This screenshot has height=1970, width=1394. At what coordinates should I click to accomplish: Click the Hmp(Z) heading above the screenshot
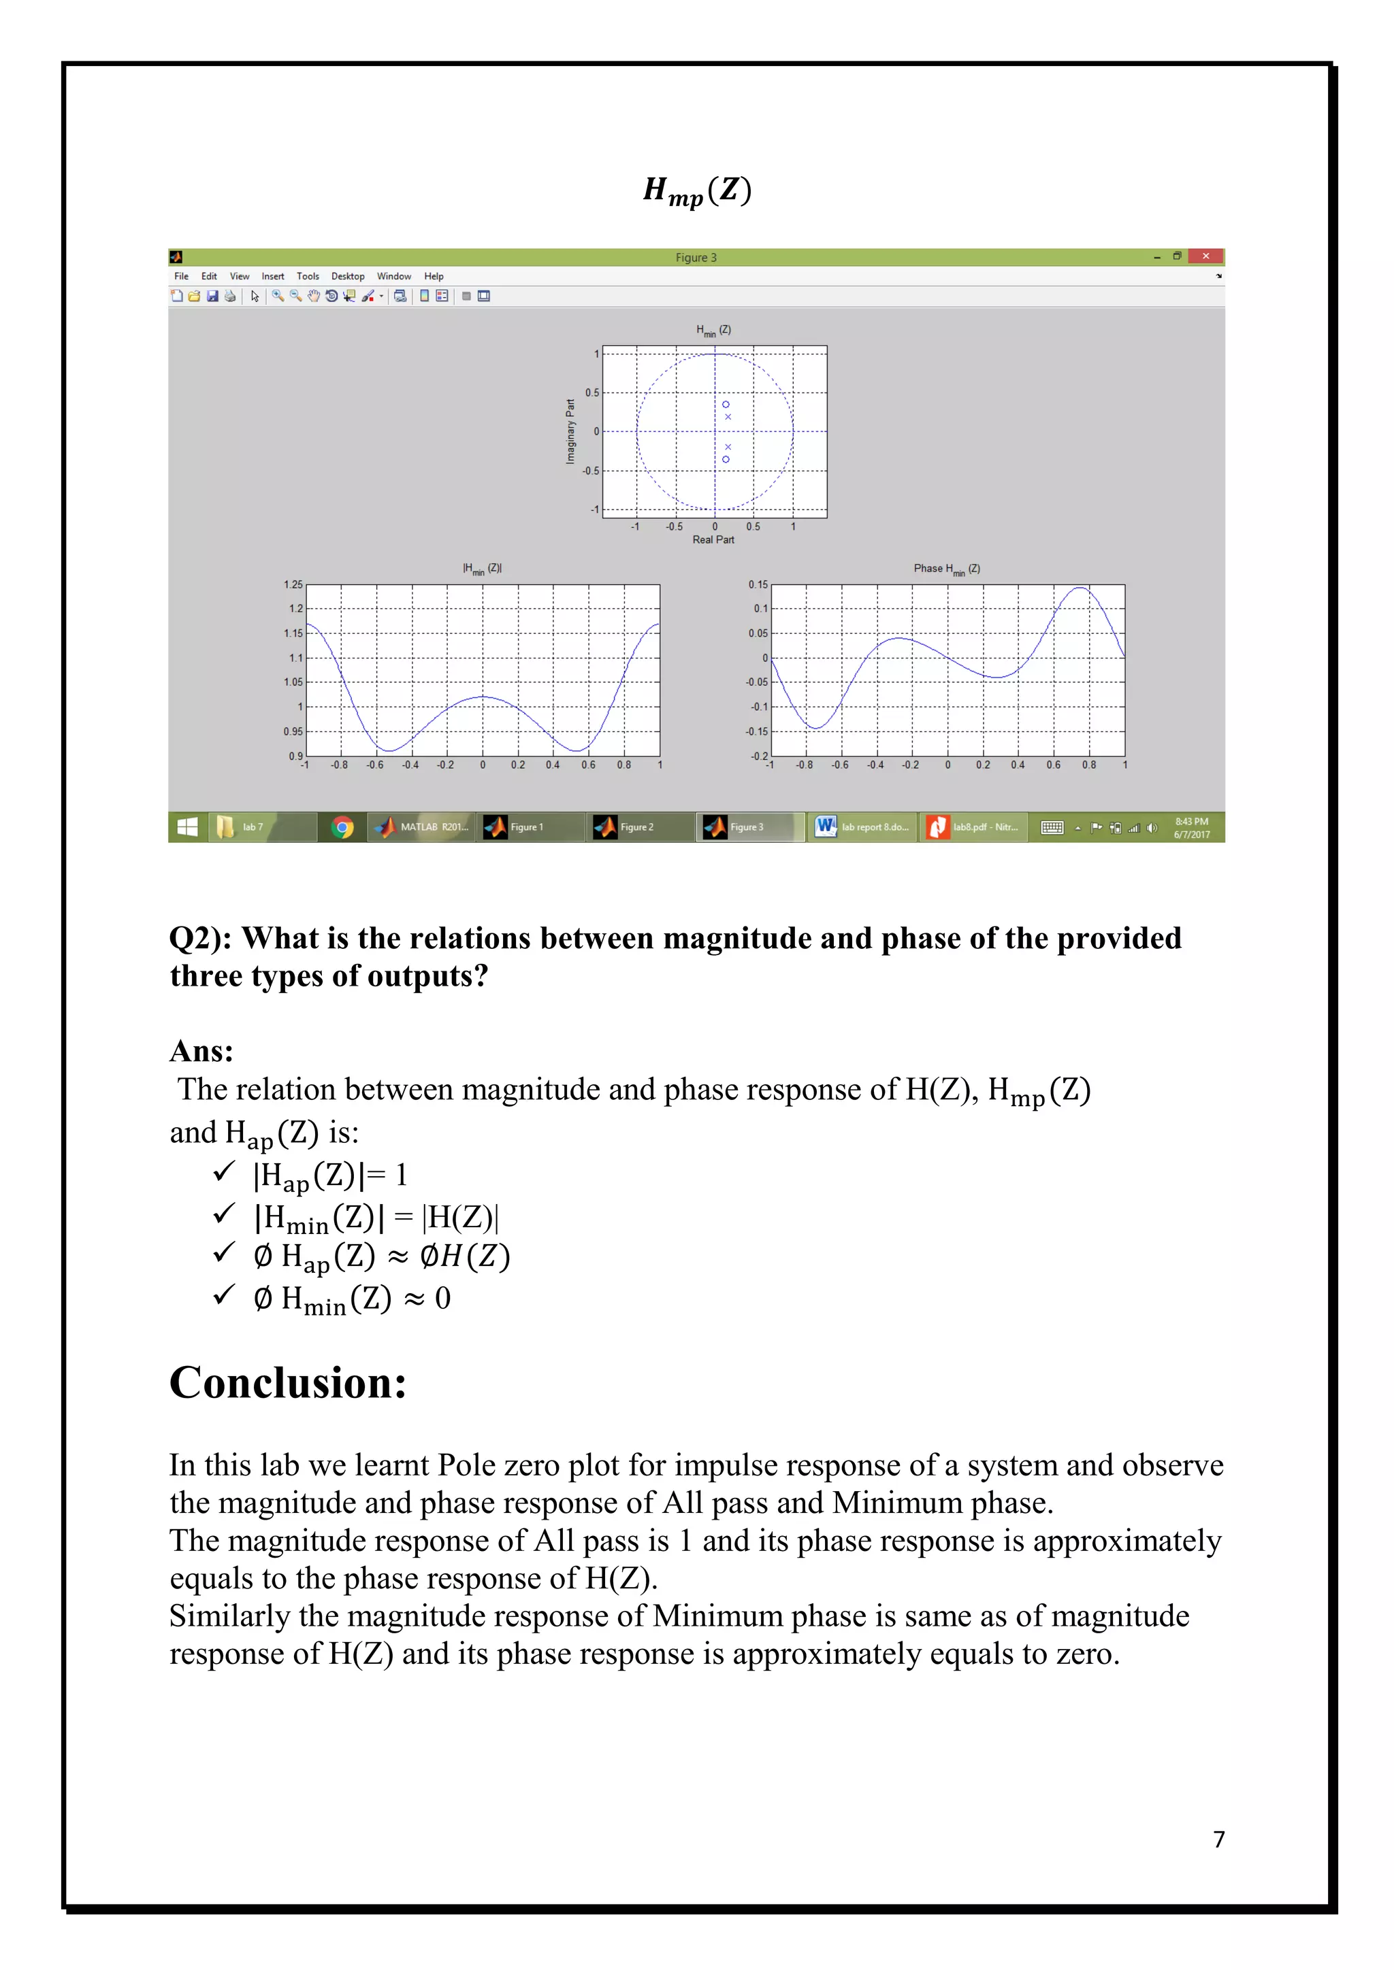point(697,190)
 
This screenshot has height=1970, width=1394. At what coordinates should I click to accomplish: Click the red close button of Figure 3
point(1205,256)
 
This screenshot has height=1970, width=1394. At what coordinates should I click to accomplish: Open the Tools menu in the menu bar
point(307,276)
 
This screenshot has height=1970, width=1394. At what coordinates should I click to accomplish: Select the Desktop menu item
point(348,276)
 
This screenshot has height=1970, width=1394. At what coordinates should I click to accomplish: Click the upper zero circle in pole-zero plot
point(726,404)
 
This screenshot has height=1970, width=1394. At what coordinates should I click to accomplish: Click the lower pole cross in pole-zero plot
point(728,447)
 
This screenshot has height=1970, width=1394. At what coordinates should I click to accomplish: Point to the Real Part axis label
point(713,539)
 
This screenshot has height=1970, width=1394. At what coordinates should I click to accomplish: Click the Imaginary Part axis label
point(570,431)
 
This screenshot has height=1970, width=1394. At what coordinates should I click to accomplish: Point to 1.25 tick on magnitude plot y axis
point(293,584)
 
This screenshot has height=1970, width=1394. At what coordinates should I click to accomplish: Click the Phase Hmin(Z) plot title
point(947,569)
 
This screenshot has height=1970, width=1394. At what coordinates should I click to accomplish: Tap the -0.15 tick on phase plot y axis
point(756,732)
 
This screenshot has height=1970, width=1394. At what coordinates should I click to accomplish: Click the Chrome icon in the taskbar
point(342,827)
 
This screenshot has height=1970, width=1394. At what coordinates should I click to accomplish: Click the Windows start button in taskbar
point(187,827)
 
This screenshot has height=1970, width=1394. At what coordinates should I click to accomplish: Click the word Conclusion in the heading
point(287,1383)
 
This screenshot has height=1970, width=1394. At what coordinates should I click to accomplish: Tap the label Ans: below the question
point(201,1051)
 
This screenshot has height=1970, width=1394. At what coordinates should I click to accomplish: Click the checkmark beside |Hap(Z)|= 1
point(224,1172)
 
